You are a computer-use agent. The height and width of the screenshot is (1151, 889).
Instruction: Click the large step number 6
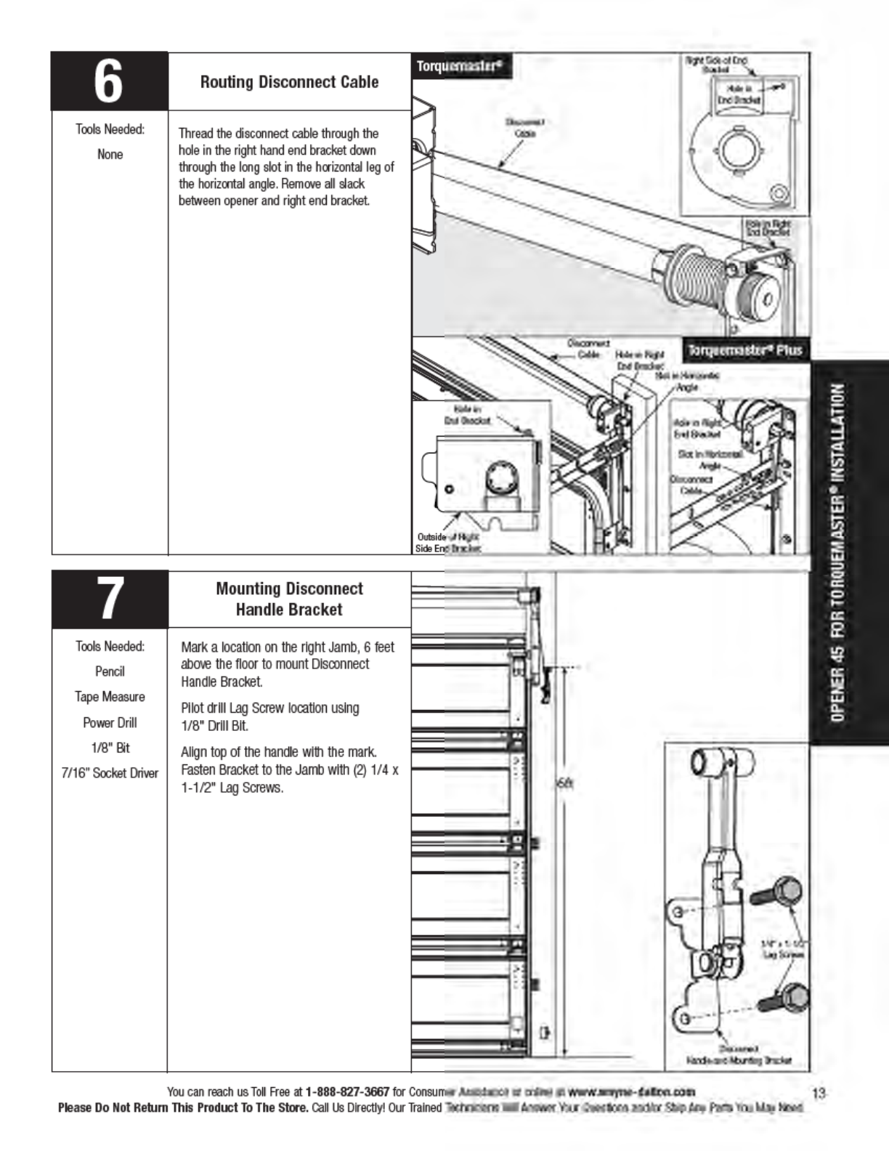[109, 81]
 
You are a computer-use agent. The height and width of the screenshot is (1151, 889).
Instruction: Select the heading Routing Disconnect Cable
[289, 81]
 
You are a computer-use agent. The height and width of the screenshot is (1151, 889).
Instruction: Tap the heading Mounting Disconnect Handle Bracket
[289, 599]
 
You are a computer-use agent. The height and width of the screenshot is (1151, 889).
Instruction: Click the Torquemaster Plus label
[745, 350]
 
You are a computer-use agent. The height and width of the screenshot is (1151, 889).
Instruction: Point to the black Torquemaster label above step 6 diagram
[460, 67]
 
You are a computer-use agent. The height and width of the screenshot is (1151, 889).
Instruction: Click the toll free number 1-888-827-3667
[347, 1091]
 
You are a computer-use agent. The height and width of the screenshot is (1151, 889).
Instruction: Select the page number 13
[819, 1092]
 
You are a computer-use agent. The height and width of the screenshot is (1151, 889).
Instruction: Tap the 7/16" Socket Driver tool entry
[110, 773]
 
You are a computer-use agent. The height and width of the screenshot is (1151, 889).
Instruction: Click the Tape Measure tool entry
[110, 697]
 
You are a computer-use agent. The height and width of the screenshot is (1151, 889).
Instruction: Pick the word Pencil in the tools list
[110, 671]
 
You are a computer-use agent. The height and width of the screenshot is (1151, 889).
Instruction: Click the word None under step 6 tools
[110, 154]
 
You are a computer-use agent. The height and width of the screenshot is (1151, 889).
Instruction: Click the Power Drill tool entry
[110, 722]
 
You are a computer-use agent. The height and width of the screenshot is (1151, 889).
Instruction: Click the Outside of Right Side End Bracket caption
[447, 543]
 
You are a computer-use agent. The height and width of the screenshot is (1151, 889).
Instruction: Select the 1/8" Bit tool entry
[110, 748]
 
